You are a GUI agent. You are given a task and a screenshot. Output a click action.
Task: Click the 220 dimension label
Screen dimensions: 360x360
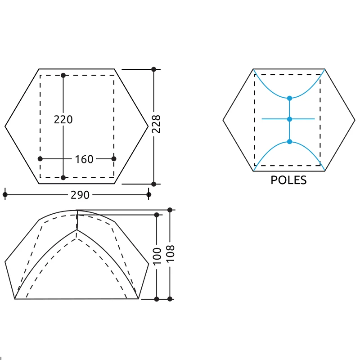[63, 120]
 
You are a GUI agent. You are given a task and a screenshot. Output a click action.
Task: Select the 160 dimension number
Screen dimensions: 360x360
[84, 159]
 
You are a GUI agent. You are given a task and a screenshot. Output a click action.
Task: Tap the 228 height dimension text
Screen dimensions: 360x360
[156, 124]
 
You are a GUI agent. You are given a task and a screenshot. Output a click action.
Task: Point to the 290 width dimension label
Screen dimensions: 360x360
[80, 195]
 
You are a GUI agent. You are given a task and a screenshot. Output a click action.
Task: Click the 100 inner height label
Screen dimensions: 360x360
[157, 256]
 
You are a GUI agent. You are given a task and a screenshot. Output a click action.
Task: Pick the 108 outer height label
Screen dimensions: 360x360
[170, 253]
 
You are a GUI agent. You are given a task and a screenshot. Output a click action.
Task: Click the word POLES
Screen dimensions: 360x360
[288, 180]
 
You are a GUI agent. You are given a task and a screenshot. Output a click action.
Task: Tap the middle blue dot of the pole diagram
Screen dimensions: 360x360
[289, 119]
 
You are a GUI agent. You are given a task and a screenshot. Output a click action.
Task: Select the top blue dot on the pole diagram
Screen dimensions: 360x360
[289, 98]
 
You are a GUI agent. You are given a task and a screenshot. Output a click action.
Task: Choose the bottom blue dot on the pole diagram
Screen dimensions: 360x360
[289, 142]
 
